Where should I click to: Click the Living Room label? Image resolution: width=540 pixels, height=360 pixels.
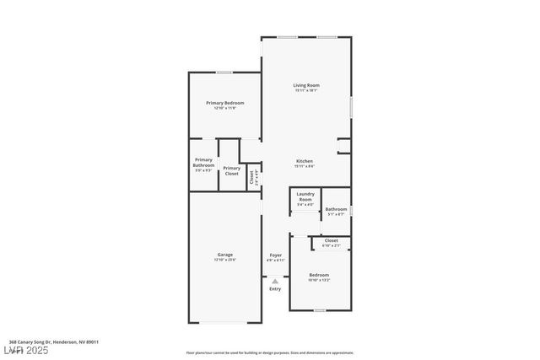tap(306, 85)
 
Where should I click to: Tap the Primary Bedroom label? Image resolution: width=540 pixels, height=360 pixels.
tap(225, 103)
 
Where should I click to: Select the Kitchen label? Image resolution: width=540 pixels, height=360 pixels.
tap(305, 161)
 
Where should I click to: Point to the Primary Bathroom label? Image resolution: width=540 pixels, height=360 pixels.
tap(203, 162)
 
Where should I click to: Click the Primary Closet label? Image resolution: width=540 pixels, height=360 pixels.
tap(231, 171)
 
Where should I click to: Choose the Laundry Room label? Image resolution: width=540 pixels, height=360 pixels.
tap(305, 196)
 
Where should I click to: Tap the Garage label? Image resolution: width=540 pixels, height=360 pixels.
tap(224, 255)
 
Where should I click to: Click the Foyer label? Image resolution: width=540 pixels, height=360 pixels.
tap(275, 255)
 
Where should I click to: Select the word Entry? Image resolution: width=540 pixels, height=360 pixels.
tap(275, 289)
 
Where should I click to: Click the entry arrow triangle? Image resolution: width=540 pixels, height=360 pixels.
tap(275, 282)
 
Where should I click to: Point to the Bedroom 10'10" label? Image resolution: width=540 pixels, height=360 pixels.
tap(319, 275)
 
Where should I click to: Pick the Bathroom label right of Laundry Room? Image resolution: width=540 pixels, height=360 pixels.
tap(337, 209)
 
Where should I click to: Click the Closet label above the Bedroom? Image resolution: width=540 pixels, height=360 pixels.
tap(332, 240)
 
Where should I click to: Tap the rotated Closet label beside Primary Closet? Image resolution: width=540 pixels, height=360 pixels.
tap(251, 176)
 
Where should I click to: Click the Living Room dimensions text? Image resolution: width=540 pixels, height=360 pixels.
tap(306, 90)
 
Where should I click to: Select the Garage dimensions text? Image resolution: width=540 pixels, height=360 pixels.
tap(224, 260)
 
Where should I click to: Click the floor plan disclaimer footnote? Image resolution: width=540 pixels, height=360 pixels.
tap(269, 352)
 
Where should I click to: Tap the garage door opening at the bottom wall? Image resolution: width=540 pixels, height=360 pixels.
tap(224, 321)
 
